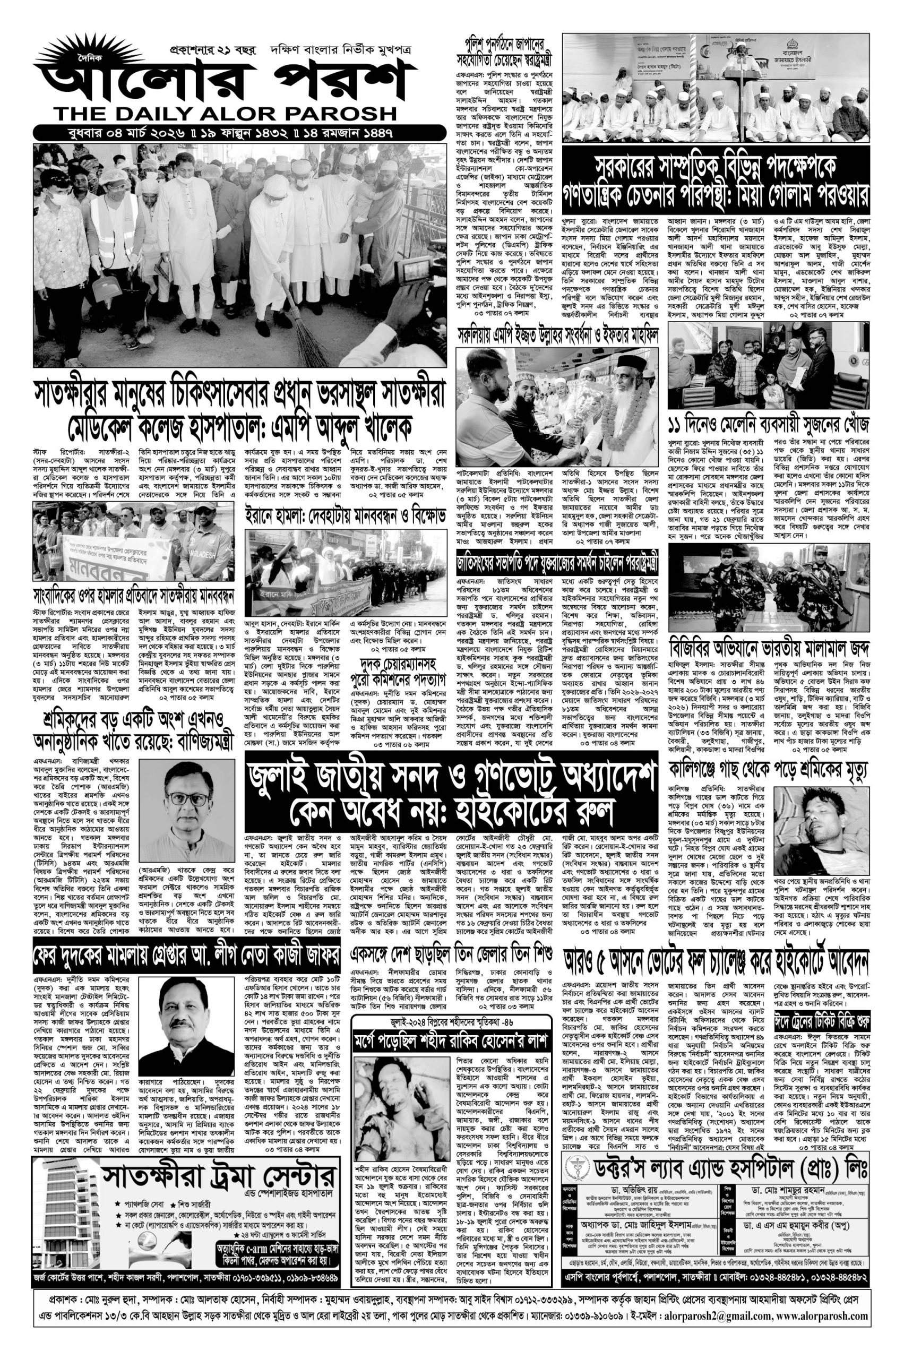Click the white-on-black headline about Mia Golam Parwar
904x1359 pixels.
[x=714, y=183]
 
